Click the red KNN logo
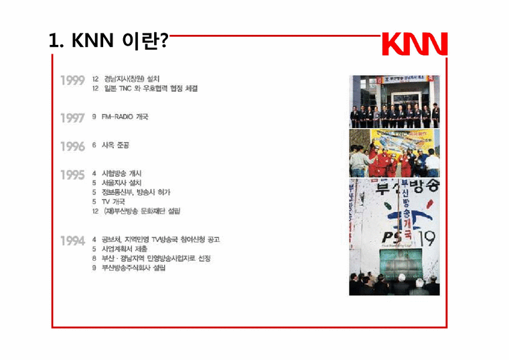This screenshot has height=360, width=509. (414, 44)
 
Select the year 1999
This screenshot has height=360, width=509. (72, 81)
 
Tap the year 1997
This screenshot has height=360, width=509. (72, 118)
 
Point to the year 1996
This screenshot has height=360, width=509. (72, 146)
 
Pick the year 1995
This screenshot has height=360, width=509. (72, 175)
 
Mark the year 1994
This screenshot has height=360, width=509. (72, 241)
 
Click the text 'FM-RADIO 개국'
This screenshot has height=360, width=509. (125, 117)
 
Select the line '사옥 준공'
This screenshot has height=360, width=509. (115, 145)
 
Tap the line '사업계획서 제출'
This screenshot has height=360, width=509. (125, 248)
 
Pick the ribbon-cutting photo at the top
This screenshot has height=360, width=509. (394, 101)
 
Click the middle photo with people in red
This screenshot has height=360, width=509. (394, 154)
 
